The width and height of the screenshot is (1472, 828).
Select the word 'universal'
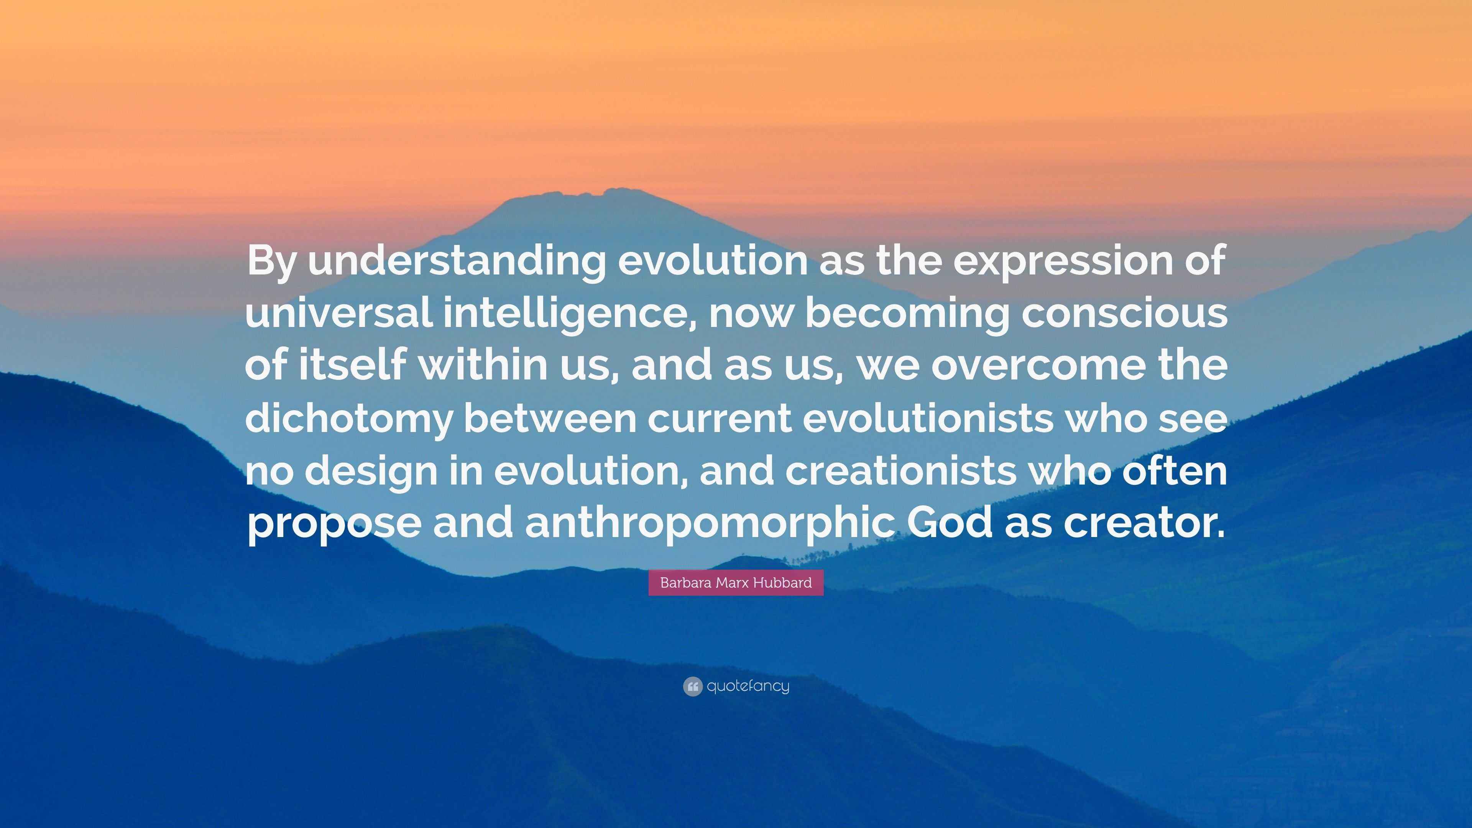[338, 313]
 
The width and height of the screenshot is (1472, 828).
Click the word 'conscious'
[1124, 313]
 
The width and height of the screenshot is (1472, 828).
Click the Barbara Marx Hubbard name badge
[736, 583]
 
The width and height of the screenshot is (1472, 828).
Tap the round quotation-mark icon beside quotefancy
[692, 686]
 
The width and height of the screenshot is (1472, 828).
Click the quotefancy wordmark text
[748, 686]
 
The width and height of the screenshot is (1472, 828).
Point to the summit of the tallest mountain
[617, 190]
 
